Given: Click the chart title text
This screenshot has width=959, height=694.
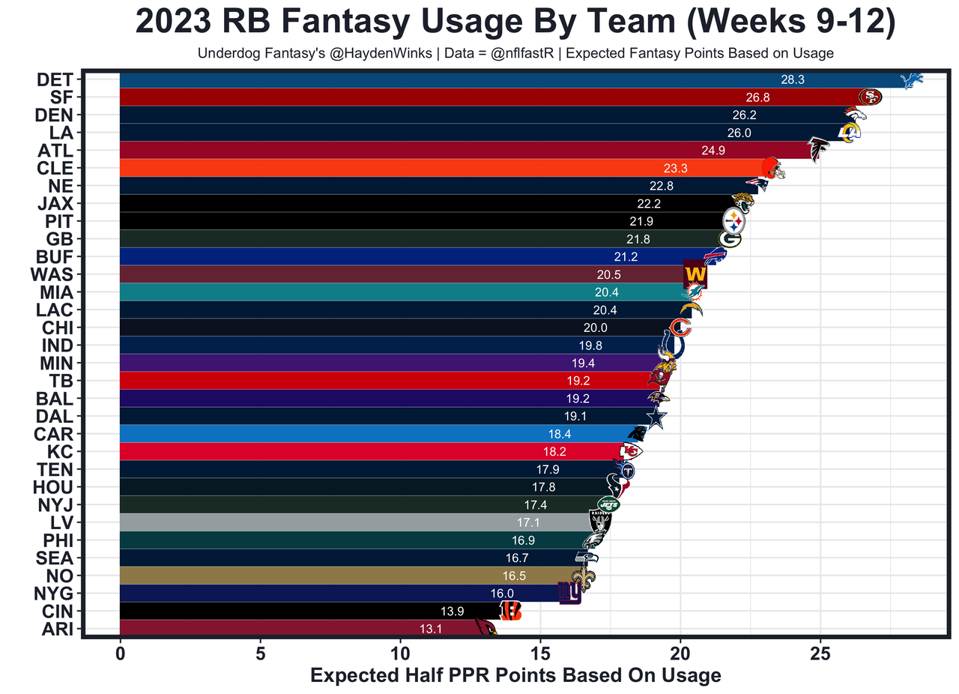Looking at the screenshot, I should point(516,22).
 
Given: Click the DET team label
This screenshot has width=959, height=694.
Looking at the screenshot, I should point(54,79).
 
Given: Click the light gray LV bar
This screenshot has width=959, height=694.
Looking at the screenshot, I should point(352,522).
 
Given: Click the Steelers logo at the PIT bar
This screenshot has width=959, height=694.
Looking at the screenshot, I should point(733,221).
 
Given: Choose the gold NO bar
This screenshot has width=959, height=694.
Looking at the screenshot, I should point(337,576).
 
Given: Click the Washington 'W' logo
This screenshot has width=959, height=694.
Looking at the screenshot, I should point(695,274).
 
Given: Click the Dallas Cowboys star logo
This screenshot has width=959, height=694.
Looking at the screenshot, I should point(656,417).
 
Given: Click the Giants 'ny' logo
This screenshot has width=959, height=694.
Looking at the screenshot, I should point(569,593).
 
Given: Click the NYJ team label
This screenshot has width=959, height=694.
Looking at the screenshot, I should point(54,504).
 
